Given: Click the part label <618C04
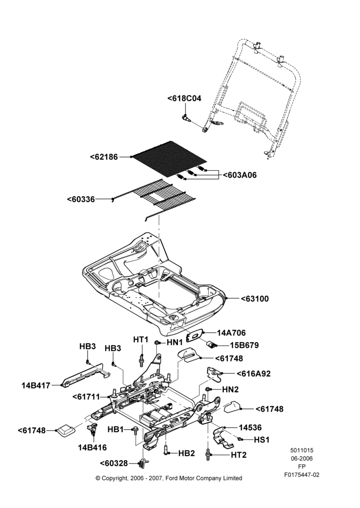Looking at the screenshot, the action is (184, 98).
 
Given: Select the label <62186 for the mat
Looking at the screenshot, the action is (104, 157).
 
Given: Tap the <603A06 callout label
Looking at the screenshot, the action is (239, 175).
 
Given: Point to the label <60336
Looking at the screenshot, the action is (81, 199).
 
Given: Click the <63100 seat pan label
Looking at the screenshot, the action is (255, 299).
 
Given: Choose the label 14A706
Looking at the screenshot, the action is (231, 333).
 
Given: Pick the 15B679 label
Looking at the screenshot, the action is (244, 345).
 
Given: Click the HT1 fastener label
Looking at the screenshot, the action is (141, 339).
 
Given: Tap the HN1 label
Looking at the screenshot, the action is (175, 342).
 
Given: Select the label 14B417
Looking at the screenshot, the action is (36, 386).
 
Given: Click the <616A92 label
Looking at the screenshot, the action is (253, 373).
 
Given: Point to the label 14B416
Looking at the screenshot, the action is (93, 448).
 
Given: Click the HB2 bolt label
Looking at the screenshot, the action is (187, 453).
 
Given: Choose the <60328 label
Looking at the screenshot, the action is (114, 464).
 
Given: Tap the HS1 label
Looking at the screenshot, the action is (262, 439).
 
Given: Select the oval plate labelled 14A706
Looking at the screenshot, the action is (195, 336).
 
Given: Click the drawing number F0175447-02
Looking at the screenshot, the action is (302, 474).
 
